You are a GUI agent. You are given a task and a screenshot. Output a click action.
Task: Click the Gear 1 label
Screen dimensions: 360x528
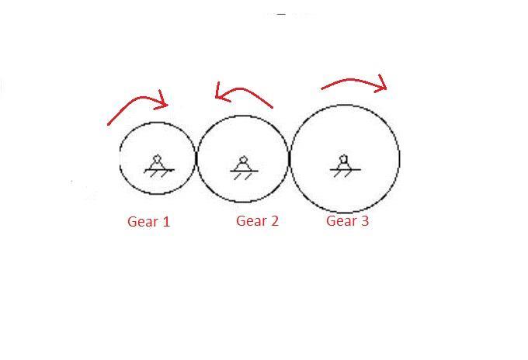point(148,222)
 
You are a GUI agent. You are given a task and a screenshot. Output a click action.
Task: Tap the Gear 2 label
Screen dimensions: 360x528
point(257,221)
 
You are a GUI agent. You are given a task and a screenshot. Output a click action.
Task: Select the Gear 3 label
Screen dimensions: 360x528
point(347,221)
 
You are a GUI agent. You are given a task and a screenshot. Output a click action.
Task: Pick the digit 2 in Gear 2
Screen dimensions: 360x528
point(273,221)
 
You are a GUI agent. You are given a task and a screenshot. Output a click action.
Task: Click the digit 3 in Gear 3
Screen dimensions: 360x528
point(364,221)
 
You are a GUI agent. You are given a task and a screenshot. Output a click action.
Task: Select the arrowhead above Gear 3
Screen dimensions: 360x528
point(380,85)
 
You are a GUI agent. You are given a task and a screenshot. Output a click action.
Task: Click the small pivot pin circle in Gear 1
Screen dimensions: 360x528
point(157,158)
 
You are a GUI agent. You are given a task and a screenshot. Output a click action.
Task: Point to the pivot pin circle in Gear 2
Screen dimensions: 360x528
point(243,160)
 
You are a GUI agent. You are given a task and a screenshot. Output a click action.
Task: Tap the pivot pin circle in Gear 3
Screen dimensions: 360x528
point(343,159)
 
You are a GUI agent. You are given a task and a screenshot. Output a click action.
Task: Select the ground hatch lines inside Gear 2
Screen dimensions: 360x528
point(243,175)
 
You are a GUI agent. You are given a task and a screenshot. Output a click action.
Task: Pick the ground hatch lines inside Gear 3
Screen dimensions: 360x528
point(342,173)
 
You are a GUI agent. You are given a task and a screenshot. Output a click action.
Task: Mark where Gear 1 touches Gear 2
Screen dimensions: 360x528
point(197,159)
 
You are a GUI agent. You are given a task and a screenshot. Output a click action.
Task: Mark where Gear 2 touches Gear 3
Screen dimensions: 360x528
point(290,159)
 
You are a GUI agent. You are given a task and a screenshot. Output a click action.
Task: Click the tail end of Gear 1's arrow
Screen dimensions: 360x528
point(109,124)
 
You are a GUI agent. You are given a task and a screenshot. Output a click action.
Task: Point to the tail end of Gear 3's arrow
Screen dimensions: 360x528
point(322,88)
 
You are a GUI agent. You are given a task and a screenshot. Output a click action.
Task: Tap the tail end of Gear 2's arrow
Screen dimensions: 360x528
point(273,107)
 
